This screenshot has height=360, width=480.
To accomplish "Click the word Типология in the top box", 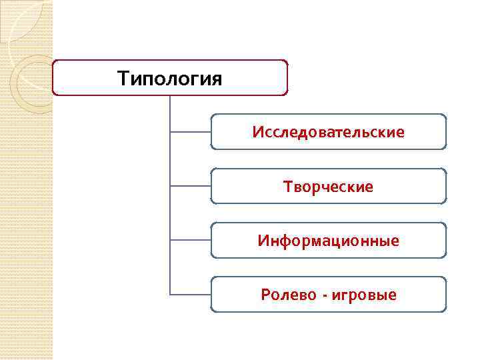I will [169, 79].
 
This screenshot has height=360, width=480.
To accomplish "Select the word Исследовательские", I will [328, 132].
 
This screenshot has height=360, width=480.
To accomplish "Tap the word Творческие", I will [328, 187].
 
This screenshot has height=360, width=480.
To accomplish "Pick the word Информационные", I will [328, 241].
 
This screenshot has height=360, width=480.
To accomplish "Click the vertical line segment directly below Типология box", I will [170, 113].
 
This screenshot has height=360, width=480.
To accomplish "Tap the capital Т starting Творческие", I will [287, 187].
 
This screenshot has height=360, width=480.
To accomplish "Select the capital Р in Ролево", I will [265, 295].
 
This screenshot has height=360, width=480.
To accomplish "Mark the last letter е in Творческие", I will [369, 187].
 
